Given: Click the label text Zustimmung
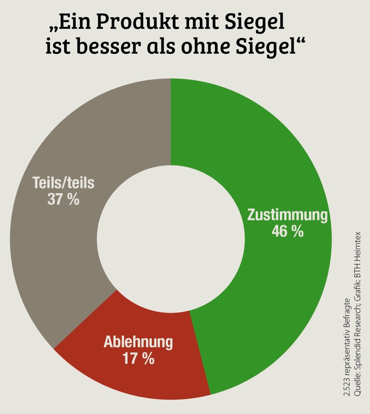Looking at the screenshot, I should click(287, 215).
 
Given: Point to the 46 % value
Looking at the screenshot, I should click(287, 231).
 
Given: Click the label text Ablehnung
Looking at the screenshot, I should click(138, 342).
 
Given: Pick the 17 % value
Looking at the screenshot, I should click(138, 358).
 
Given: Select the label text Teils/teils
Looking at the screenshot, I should click(63, 182).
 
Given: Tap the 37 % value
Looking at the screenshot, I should click(63, 199).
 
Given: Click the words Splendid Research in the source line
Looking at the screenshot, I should click(357, 337).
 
